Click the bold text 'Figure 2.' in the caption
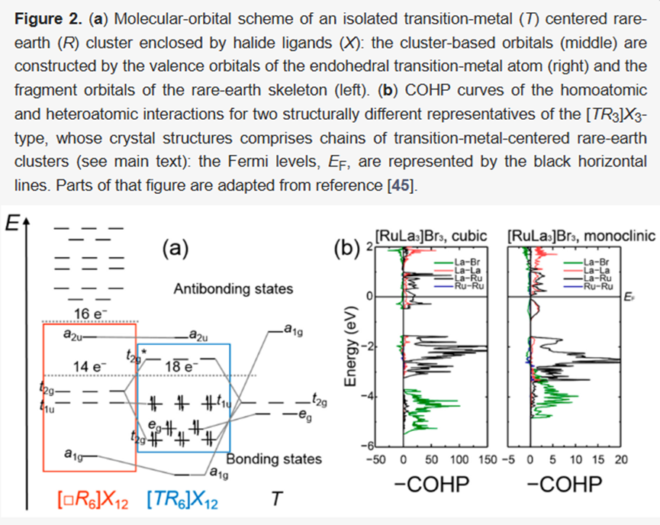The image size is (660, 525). [x=46, y=17]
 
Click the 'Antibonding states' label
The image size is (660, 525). [x=233, y=289]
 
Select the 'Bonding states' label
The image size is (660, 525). [x=274, y=459]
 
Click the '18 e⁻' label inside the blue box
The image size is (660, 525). [x=182, y=367]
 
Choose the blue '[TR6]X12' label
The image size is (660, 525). [x=186, y=501]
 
